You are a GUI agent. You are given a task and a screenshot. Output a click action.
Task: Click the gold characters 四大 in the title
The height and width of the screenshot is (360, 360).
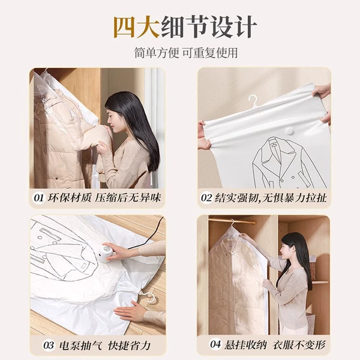click(137, 27)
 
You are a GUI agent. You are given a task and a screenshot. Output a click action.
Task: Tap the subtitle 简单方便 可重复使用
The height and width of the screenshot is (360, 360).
click(186, 53)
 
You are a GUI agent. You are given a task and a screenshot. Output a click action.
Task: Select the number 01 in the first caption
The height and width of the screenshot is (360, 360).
click(39, 198)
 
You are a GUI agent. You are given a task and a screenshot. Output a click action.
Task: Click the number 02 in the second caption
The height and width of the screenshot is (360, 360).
click(206, 198)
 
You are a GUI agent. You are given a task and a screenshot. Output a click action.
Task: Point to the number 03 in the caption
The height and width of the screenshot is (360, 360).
click(49, 346)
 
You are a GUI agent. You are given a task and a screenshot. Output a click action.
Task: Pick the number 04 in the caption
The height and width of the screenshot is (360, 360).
click(215, 344)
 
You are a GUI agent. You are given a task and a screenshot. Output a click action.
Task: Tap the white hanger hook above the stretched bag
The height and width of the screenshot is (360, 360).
click(253, 101)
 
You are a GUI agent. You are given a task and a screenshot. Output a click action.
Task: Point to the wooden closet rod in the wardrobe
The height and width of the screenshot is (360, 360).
click(232, 221)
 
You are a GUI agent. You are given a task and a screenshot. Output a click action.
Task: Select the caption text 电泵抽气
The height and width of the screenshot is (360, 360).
click(80, 346)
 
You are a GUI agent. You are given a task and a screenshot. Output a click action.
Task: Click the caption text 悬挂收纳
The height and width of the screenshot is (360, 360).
click(245, 344)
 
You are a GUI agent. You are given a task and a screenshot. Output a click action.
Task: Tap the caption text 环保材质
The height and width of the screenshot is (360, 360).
click(70, 198)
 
